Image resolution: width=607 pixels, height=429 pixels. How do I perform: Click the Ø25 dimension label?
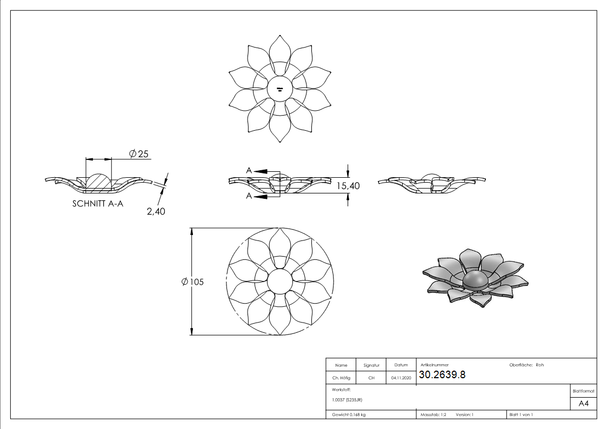coord(139,154)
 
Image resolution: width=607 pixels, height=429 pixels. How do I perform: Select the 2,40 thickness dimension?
coord(156,211)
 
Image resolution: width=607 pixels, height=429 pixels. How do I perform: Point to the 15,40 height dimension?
coord(349,185)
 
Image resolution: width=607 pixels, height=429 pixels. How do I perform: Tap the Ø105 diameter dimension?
coord(193,282)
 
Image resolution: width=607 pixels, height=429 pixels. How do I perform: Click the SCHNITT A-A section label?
coord(97,204)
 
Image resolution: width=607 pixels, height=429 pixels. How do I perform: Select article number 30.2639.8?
coord(442,375)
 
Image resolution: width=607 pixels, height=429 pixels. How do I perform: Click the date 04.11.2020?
coord(401,378)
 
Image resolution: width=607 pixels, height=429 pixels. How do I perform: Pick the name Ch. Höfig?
coord(341,378)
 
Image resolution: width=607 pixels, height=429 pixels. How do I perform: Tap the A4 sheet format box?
coord(583,404)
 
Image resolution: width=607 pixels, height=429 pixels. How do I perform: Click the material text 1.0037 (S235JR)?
coord(347,400)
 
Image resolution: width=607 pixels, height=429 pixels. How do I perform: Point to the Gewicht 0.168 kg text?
coord(349,414)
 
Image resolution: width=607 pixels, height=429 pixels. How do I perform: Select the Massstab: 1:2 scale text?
coord(433,414)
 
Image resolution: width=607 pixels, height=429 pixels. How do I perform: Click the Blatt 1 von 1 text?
coord(521,414)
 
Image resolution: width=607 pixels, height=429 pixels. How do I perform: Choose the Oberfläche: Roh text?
coord(526,365)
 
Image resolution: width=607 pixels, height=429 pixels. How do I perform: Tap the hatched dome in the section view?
coord(98,181)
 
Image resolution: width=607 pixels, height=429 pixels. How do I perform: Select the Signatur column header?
coord(371,365)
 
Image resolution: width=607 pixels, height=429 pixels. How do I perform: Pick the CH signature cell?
coord(371,378)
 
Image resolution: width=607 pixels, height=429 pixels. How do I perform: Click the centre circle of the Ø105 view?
coord(279,281)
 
